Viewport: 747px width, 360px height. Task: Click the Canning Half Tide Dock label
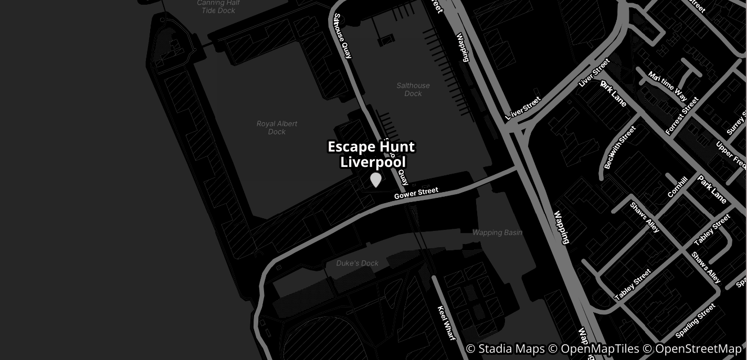click(218, 6)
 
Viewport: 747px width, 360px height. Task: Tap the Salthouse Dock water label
click(413, 89)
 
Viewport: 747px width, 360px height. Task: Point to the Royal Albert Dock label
click(277, 128)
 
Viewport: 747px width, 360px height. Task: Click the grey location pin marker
click(375, 179)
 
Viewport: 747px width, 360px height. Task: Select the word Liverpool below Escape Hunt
click(373, 162)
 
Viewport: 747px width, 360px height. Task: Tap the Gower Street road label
click(416, 193)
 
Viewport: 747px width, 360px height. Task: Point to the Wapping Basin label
click(497, 232)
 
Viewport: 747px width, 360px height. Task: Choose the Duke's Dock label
click(357, 263)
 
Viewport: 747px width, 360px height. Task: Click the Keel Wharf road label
click(446, 323)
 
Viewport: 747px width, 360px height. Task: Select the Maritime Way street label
click(667, 86)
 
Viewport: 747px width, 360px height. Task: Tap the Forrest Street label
click(682, 116)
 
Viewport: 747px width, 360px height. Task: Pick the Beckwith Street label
click(619, 147)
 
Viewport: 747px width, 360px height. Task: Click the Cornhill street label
click(677, 187)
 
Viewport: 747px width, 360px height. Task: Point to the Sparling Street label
click(695, 321)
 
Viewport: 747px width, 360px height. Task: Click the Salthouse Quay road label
click(342, 36)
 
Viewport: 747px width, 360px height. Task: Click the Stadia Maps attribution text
click(504, 349)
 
